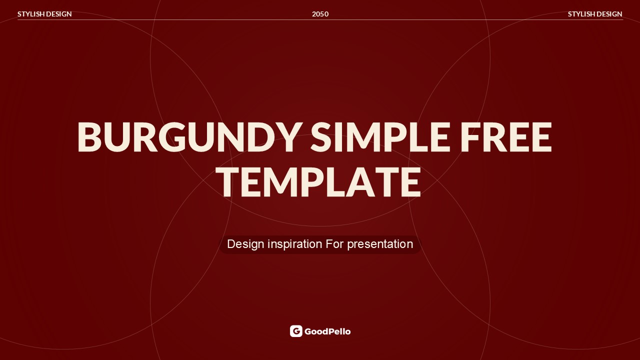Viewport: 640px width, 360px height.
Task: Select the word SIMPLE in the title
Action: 379,137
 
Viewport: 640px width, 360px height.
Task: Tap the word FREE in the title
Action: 506,137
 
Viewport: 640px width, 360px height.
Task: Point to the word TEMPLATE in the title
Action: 318,182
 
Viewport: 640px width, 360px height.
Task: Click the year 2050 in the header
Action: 320,14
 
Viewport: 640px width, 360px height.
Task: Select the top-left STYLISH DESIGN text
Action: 44,14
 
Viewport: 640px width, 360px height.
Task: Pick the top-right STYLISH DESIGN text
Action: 595,14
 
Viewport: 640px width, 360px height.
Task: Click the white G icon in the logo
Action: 296,331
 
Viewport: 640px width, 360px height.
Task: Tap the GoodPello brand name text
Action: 327,331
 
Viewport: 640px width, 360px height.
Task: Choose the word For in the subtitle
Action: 335,244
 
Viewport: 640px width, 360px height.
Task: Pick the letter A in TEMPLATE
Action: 361,182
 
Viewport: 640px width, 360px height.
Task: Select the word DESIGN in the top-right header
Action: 608,14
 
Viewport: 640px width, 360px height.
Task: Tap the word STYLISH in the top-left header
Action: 30,14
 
